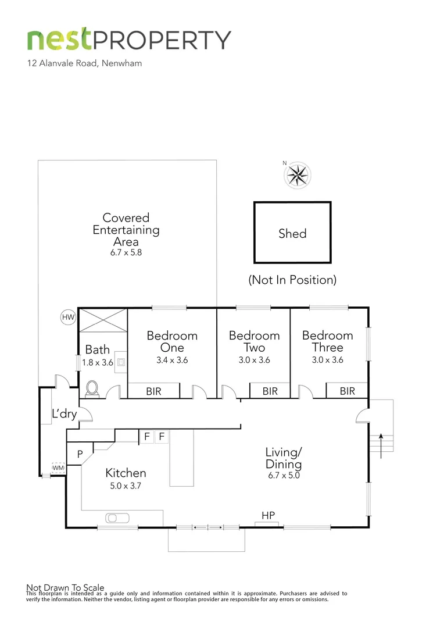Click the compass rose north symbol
298,174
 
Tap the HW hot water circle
69,317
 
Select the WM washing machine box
58,468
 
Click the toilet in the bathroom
92,388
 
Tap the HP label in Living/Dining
268,515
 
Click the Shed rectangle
292,233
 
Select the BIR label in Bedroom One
153,391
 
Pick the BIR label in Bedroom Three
347,391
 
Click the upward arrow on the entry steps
381,440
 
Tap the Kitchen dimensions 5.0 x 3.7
126,486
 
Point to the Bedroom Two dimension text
254,360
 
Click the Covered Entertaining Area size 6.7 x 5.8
126,254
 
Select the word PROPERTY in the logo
162,40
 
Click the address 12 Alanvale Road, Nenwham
84,63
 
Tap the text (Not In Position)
292,280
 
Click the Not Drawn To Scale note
65,587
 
